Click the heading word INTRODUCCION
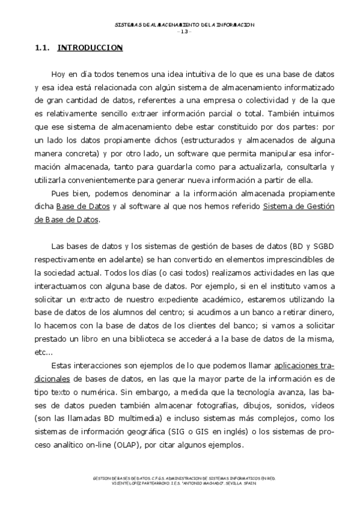(x=90, y=48)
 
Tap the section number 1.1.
(x=43, y=48)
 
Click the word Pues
(x=60, y=192)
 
